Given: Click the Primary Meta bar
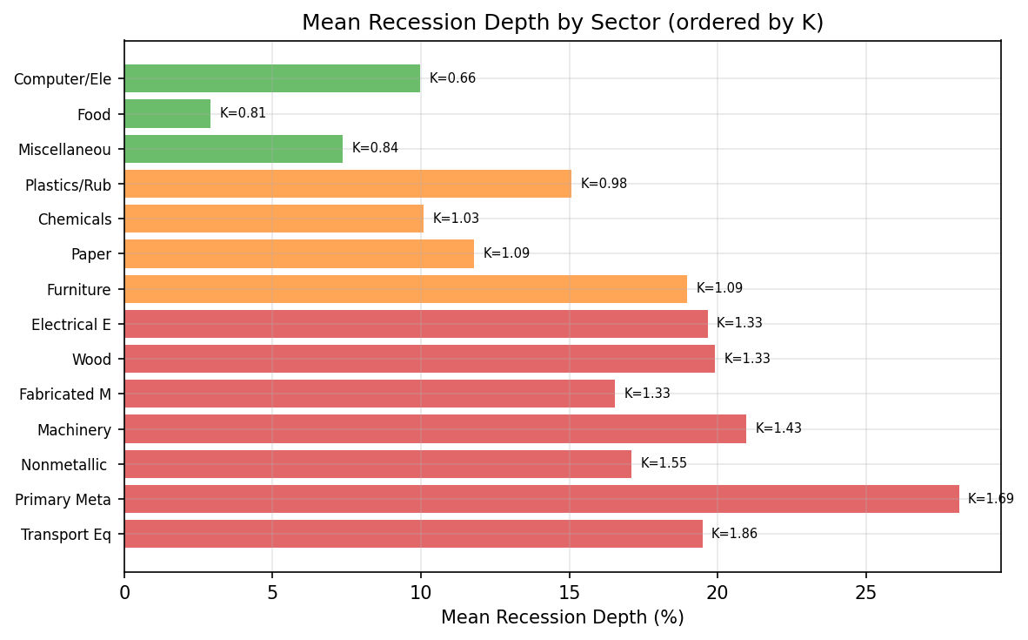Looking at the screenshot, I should (541, 499).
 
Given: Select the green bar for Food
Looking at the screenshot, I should (167, 113).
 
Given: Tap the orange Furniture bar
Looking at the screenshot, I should (405, 289).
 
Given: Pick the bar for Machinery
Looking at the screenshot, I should (435, 428).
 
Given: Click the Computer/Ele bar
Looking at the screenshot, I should (271, 78).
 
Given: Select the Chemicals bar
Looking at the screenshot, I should (274, 219).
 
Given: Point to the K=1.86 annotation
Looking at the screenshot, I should (734, 534).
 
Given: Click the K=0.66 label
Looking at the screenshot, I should (452, 78).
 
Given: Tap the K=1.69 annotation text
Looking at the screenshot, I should (991, 499).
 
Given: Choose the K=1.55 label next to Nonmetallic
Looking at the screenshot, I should (664, 463).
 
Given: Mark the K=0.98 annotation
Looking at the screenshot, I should (604, 184).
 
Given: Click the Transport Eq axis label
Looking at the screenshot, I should (66, 535).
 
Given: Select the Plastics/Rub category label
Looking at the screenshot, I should (68, 185).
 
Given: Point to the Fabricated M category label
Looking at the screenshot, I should (65, 394).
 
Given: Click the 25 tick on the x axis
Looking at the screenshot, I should (865, 592).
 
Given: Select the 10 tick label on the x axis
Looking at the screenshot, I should (421, 592).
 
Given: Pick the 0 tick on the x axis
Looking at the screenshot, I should (124, 592).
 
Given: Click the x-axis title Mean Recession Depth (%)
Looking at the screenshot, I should (562, 617).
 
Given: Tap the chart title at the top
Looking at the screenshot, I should (562, 23).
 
